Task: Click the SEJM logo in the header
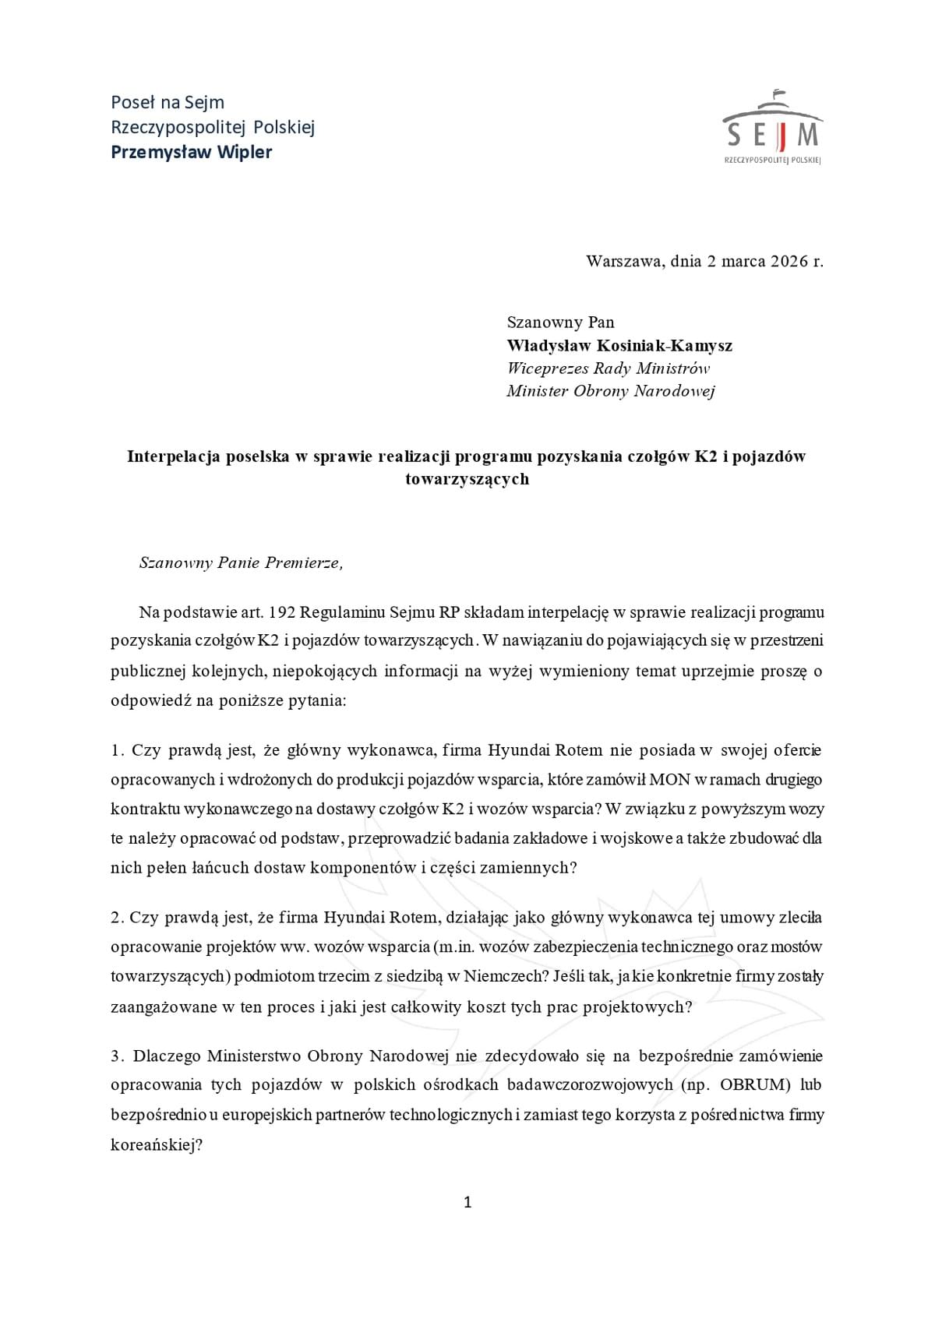772,129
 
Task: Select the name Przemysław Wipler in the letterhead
192,152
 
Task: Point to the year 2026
789,261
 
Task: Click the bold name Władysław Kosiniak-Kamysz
619,345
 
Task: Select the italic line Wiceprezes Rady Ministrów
608,368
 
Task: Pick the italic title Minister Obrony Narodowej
610,391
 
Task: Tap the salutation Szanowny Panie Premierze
240,562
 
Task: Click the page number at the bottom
467,1203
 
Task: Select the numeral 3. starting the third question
118,1056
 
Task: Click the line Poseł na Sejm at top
168,102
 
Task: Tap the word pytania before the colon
317,700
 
